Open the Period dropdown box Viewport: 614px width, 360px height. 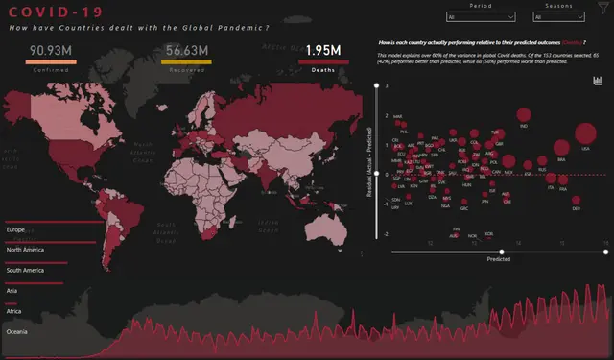click(x=481, y=17)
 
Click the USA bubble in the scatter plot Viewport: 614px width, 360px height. click(x=585, y=135)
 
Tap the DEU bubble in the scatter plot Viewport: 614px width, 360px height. click(x=576, y=202)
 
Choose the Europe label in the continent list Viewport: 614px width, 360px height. click(x=16, y=230)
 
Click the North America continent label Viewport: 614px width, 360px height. click(x=27, y=251)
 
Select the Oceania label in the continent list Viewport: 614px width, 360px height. click(x=18, y=333)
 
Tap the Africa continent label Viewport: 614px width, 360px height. click(x=14, y=312)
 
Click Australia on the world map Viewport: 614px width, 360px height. click(x=324, y=226)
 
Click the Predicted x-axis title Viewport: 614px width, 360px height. click(x=498, y=259)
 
